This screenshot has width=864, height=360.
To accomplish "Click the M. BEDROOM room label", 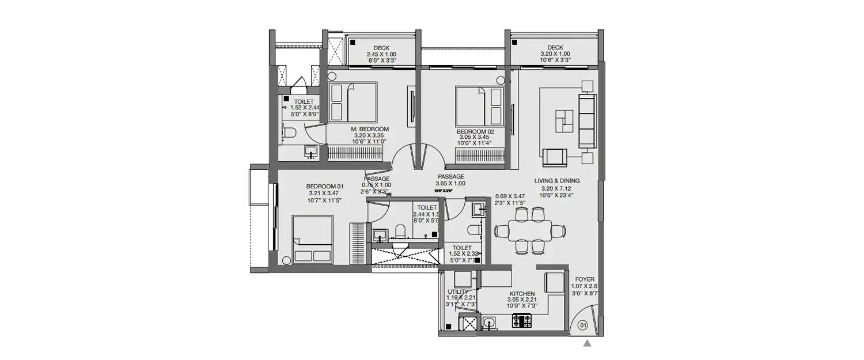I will point(370,129).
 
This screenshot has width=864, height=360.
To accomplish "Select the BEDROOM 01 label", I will point(325,186).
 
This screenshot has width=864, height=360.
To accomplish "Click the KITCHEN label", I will point(522,293).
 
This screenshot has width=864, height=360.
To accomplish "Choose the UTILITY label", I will point(458,292).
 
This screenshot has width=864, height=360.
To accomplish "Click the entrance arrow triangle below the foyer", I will point(588,344).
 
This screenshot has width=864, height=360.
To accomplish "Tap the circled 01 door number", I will point(582,325).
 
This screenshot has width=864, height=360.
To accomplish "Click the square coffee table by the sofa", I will point(564,122).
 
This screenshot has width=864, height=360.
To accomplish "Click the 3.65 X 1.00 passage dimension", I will point(451,183).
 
